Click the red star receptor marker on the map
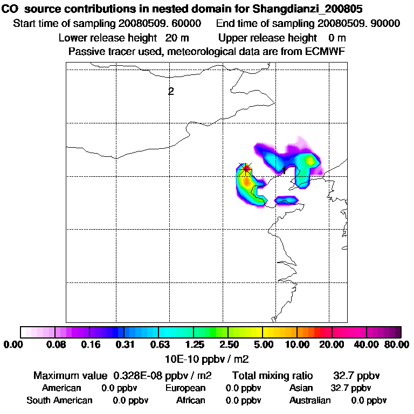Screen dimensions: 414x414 click(246, 169)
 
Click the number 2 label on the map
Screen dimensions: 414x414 click(171, 91)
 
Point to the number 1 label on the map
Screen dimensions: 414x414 click(284, 170)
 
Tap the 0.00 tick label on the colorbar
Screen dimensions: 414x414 click(14, 344)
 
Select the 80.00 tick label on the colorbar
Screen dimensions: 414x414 click(396, 344)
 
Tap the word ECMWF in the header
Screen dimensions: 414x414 click(323, 51)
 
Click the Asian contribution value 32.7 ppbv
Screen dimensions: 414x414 click(350, 388)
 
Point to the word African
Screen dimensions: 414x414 click(191, 401)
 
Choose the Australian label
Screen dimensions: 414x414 click(310, 401)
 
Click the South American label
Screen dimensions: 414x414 click(59, 401)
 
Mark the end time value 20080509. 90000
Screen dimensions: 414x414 click(358, 23)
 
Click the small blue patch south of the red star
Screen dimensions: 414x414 click(286, 200)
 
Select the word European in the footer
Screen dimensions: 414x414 click(185, 388)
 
